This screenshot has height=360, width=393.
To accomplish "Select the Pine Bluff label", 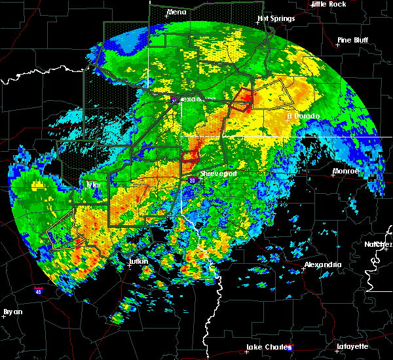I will tap(352, 40).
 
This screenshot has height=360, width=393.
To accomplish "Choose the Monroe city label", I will tap(345, 171).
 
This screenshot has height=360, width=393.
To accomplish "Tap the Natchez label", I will tap(379, 244).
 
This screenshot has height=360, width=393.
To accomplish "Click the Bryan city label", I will tap(12, 312).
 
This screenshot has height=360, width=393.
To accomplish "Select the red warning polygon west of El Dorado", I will tap(242, 100).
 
